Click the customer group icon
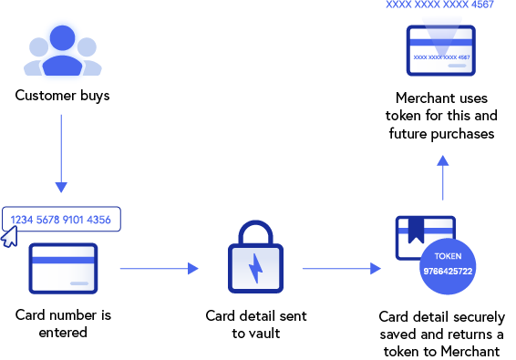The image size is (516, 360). (62, 52)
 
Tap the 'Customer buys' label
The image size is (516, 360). (62, 95)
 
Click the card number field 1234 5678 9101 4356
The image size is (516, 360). (61, 219)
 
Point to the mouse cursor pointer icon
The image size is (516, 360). (9, 239)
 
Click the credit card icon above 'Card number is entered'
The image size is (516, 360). (64, 268)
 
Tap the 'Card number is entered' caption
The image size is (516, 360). (63, 324)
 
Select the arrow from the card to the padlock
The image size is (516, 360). (159, 268)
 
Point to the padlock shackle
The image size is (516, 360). (255, 233)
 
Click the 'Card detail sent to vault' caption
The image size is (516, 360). (255, 324)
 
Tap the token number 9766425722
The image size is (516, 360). (449, 272)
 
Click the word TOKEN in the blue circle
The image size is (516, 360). (449, 256)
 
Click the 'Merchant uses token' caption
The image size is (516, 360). (442, 116)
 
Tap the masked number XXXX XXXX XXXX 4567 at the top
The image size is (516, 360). (441, 5)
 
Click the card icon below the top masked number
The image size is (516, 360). (441, 51)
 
